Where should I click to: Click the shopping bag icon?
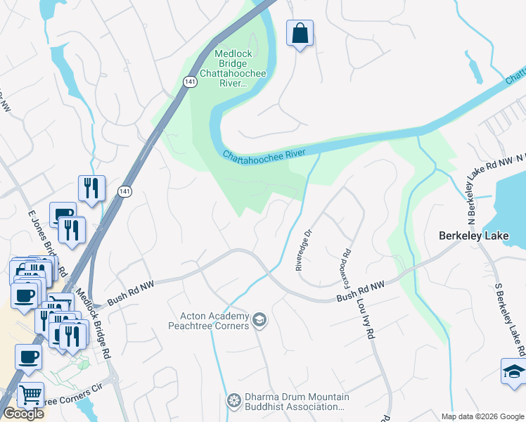(x=300, y=33)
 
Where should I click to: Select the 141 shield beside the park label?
(x=191, y=82)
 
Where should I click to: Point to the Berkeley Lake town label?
(x=481, y=236)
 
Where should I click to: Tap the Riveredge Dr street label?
(x=302, y=250)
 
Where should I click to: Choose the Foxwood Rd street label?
(x=346, y=264)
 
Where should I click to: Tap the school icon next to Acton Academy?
(x=259, y=321)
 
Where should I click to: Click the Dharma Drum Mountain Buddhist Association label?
(x=294, y=402)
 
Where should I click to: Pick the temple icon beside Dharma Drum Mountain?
(x=233, y=401)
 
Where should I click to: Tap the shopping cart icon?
(x=30, y=395)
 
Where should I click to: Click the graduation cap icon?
(x=513, y=371)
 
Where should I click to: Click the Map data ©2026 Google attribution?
(x=482, y=416)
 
